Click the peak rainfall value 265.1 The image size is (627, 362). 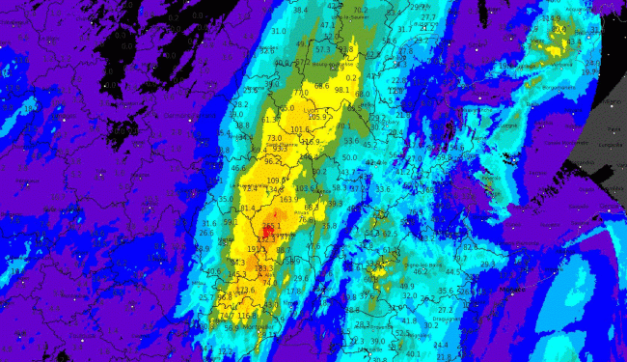(272, 227)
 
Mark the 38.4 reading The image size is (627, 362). (300, 11)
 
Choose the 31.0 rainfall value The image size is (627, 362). (279, 32)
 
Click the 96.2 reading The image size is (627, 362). (273, 161)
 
